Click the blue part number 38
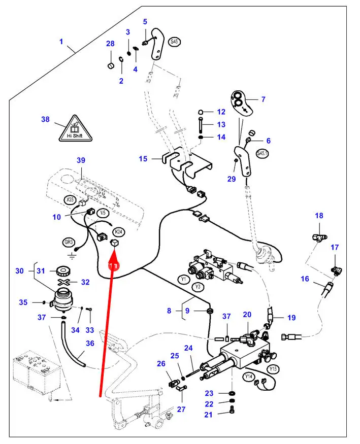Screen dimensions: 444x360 click(x=45, y=120)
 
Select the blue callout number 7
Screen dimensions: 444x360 click(x=263, y=99)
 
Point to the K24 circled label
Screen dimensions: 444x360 click(x=118, y=232)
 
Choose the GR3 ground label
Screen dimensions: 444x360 click(x=69, y=242)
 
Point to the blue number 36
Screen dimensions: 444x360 click(x=90, y=344)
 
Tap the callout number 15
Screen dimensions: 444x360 click(x=143, y=159)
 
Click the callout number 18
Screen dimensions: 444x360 click(x=319, y=216)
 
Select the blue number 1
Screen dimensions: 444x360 click(x=61, y=42)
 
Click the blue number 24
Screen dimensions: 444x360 click(x=188, y=348)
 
